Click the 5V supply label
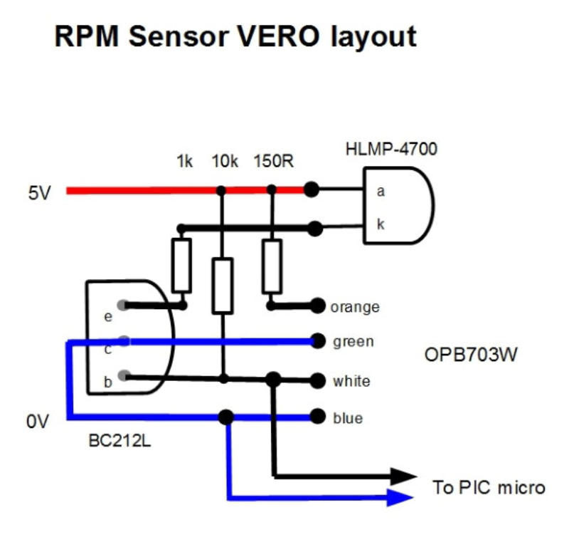[40, 192]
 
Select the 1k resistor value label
[184, 162]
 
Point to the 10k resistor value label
[225, 162]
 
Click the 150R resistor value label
[273, 162]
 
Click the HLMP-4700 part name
[391, 150]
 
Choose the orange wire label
[354, 308]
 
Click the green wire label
[353, 342]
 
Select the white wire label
[351, 381]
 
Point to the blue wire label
[348, 418]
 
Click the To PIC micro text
[489, 488]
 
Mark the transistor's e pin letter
[108, 317]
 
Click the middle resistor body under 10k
[223, 286]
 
